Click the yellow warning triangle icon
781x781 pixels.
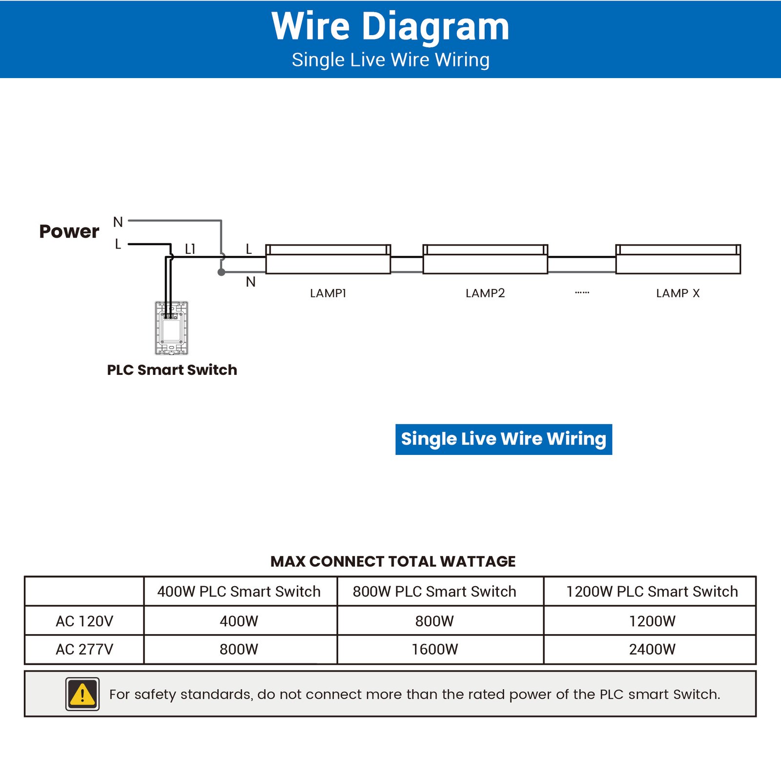click(82, 694)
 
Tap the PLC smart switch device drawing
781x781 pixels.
click(172, 328)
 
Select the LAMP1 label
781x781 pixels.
click(328, 293)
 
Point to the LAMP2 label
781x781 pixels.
click(485, 293)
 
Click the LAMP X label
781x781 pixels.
click(678, 293)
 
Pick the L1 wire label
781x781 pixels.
click(190, 249)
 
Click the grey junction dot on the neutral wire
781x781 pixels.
click(221, 272)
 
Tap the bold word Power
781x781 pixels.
click(69, 231)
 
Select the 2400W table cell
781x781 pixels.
click(652, 649)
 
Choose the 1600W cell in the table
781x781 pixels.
click(434, 649)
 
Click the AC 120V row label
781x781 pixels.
click(84, 621)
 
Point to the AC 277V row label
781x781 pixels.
click(84, 649)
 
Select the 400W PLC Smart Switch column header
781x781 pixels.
click(239, 591)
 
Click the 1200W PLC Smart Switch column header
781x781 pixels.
click(652, 591)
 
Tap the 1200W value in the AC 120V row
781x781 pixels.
click(652, 621)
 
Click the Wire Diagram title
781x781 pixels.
click(390, 26)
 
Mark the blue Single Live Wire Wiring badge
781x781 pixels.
click(503, 439)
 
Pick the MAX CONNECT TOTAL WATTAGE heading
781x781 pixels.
click(393, 561)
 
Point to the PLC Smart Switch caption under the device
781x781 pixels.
click(172, 370)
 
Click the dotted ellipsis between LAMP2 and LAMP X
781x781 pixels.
click(582, 292)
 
